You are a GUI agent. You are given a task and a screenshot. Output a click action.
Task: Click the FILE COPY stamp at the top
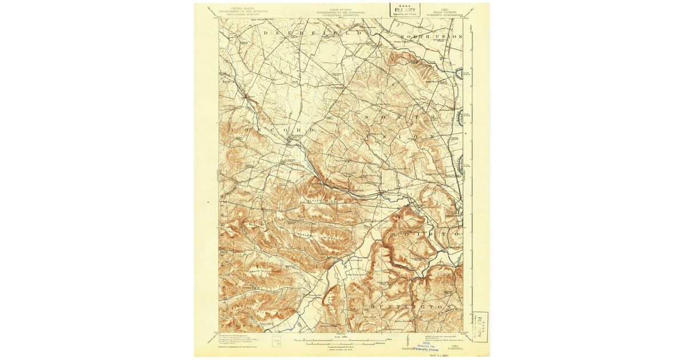405,10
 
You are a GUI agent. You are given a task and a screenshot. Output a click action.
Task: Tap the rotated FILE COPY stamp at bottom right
480,326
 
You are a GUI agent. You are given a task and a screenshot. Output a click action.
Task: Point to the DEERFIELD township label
313,34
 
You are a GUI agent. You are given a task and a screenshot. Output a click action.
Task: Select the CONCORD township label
273,130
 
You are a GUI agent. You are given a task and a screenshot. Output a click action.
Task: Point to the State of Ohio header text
342,11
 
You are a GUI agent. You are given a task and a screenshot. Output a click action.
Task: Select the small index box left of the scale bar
276,342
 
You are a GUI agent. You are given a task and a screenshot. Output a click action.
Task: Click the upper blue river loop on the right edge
459,73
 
